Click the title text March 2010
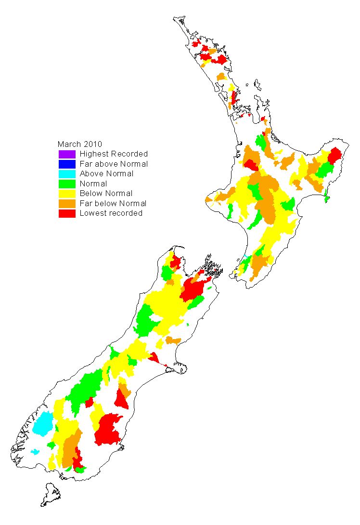[80, 144]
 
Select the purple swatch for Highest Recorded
[67, 154]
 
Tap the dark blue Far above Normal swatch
[67, 164]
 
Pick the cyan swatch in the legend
[67, 174]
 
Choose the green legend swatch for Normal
[67, 184]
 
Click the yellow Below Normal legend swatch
[67, 194]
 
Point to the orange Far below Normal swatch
[67, 203]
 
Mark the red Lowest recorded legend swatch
[67, 213]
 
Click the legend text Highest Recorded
[114, 154]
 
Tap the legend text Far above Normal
[114, 164]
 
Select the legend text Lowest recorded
[111, 213]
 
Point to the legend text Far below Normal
[113, 203]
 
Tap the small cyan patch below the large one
[35, 452]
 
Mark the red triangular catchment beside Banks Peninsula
[154, 358]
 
